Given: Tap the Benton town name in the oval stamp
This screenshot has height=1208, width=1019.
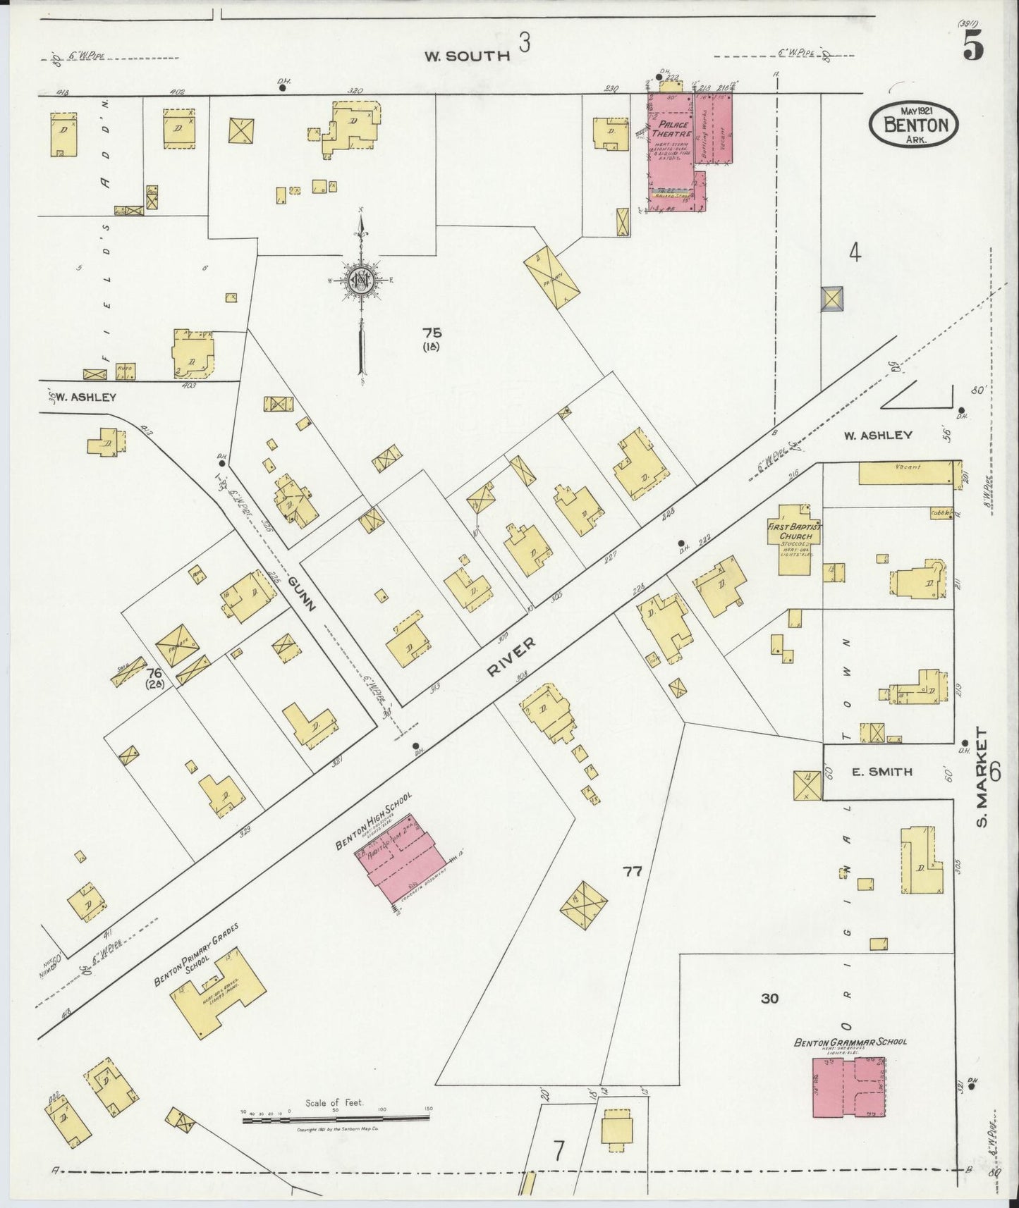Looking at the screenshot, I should pyautogui.click(x=915, y=125).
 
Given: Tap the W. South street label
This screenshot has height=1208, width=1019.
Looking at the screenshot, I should pyautogui.click(x=467, y=56).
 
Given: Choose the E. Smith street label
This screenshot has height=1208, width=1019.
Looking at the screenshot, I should pyautogui.click(x=882, y=772).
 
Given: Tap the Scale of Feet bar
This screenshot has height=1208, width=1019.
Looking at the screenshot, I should pyautogui.click(x=336, y=1118).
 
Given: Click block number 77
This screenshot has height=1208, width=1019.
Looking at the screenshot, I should pyautogui.click(x=632, y=872).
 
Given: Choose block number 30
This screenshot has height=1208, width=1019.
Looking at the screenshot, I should pyautogui.click(x=769, y=998).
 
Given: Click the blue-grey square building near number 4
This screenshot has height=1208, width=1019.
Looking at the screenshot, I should pyautogui.click(x=832, y=299).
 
